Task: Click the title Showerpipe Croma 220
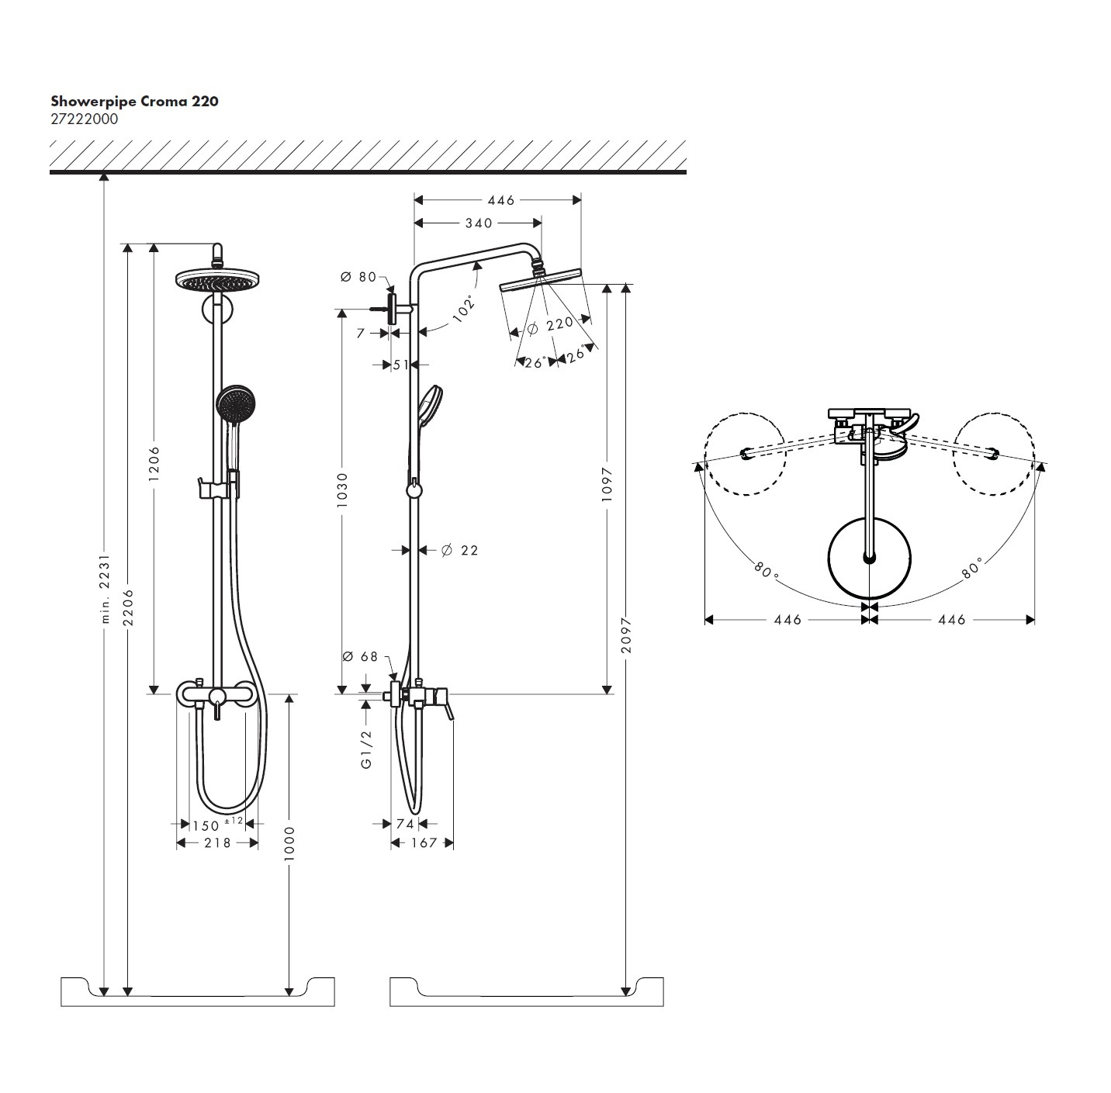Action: click(x=134, y=101)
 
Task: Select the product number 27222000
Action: click(x=85, y=119)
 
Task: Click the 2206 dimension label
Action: click(x=129, y=607)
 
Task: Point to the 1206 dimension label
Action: click(x=154, y=463)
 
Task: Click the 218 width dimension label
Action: click(x=217, y=842)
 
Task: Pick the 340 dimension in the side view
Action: click(x=478, y=223)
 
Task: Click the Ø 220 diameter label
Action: click(x=550, y=326)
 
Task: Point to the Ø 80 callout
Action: click(x=358, y=277)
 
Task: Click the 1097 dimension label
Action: click(x=607, y=483)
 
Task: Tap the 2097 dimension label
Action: click(x=626, y=635)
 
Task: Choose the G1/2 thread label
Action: click(x=366, y=749)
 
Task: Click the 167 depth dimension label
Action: click(x=423, y=842)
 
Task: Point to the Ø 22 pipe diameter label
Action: click(x=459, y=550)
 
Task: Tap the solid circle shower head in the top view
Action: click(x=868, y=558)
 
